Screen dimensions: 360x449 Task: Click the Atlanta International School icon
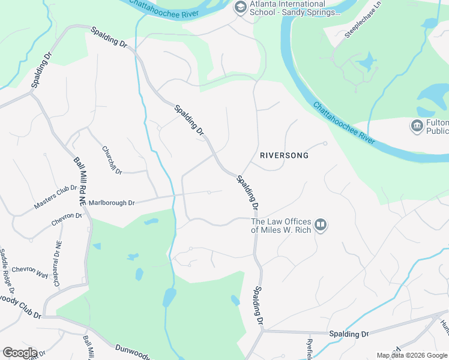click(x=241, y=7)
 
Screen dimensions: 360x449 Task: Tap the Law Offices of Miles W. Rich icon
click(x=321, y=225)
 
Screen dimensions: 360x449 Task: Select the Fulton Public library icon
click(x=416, y=127)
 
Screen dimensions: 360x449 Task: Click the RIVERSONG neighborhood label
click(x=284, y=155)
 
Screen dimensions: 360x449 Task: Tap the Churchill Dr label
click(x=112, y=161)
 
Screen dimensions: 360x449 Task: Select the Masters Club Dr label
click(x=55, y=197)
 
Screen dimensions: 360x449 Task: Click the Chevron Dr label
click(x=67, y=219)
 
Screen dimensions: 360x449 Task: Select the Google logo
click(x=19, y=353)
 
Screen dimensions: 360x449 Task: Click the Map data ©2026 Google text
click(x=411, y=355)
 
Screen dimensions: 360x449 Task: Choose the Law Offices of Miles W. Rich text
click(x=281, y=225)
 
